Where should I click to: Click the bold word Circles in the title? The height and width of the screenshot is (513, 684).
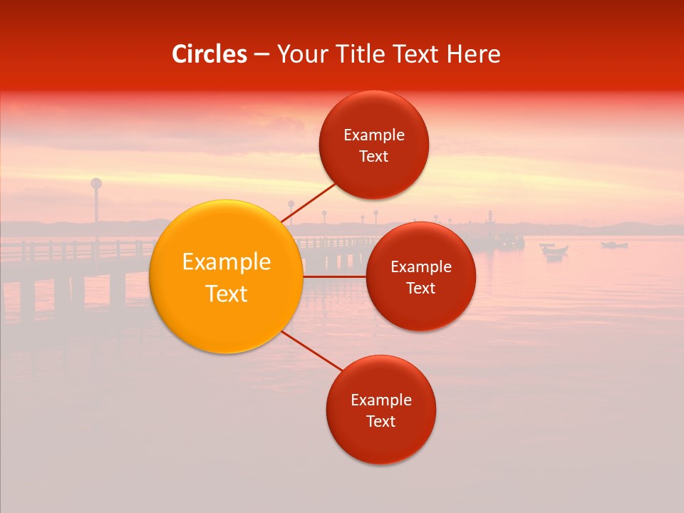tap(209, 54)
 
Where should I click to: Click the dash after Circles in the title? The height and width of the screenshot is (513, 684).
tap(261, 55)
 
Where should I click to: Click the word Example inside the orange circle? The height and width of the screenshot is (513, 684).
tap(226, 262)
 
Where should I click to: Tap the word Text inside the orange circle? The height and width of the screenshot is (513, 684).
tap(226, 294)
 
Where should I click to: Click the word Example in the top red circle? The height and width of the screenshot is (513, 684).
tap(373, 135)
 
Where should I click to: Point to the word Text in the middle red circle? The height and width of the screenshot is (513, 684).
tap(420, 289)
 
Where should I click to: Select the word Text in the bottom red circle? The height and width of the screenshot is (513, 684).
tap(380, 422)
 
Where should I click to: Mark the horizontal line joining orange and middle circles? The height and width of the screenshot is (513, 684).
tap(334, 276)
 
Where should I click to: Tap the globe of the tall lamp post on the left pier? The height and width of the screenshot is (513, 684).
tap(96, 183)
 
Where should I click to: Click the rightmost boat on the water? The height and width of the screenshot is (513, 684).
tap(614, 245)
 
